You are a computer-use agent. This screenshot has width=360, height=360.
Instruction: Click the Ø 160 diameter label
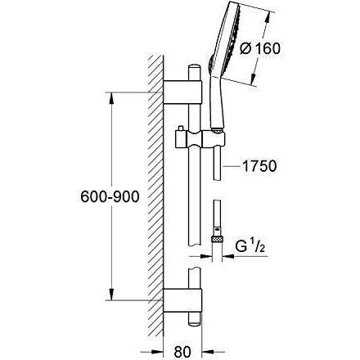260,49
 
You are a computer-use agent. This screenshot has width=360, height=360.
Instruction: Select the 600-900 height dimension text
110,196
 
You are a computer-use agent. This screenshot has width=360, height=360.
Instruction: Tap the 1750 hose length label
259,166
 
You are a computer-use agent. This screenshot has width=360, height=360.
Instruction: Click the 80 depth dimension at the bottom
182,352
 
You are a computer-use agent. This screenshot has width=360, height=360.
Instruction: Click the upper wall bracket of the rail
182,92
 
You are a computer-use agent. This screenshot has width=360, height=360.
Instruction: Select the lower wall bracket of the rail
182,300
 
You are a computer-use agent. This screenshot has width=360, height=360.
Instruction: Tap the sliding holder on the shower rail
200,139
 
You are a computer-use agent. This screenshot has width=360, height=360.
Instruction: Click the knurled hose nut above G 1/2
217,239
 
